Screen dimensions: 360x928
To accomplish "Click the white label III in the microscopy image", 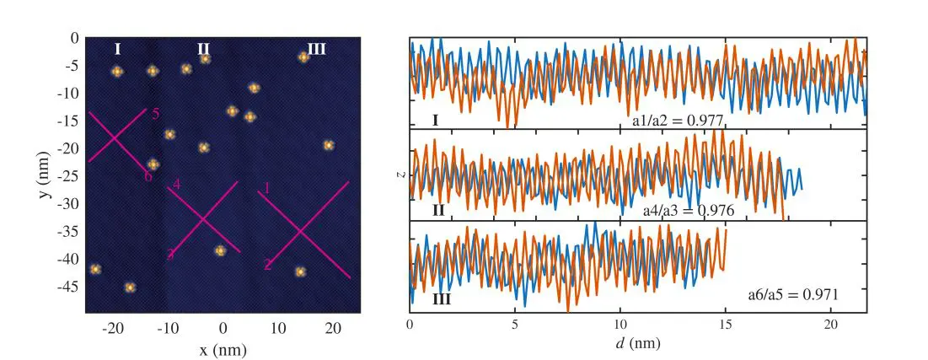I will coord(316,50).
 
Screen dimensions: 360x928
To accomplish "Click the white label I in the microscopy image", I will coord(117,50).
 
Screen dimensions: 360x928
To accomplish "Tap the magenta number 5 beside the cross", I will coord(156,114).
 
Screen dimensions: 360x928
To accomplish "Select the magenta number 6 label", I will coord(148,176).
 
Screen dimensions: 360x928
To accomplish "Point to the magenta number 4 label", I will coord(176,184).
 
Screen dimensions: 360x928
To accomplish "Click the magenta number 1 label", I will coord(266,189).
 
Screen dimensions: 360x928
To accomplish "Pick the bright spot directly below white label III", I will coord(303,57).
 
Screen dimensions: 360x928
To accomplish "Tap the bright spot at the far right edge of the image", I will coord(329,145).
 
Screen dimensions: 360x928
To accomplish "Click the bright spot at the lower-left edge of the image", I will coord(95,269).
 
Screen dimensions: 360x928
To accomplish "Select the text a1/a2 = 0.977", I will coord(678,121).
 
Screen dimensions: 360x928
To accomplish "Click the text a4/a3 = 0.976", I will coord(688,211).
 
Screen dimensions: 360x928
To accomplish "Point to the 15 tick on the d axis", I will coord(725,325).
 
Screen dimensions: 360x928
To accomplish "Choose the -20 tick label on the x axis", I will coord(114,328).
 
